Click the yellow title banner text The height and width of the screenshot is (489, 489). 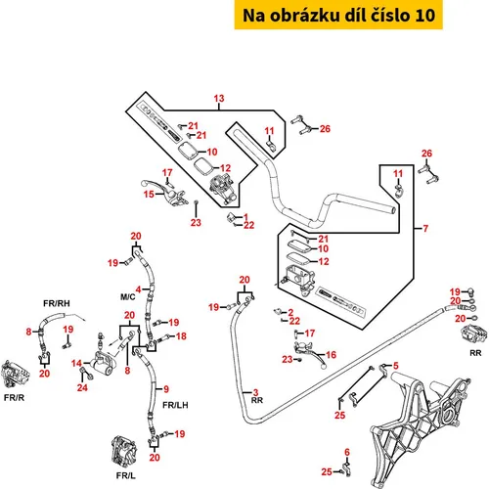coord(338,15)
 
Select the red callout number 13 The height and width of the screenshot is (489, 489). coord(219,98)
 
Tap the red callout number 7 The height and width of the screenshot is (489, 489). coord(425,229)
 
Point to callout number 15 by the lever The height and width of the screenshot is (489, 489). coord(149,194)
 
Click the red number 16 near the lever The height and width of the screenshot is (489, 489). coord(331,355)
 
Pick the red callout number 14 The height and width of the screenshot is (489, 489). coord(76,363)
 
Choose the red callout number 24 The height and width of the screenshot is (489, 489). coord(82,387)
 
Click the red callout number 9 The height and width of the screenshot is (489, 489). coord(166,389)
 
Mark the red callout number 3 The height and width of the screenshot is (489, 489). coord(255,392)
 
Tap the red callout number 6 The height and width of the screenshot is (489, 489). coord(347,452)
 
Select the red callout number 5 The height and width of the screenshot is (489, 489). coord(396,366)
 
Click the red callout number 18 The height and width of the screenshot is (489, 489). coord(181,336)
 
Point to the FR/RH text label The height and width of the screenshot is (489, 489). coord(57,303)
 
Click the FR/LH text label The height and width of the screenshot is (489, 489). coord(175,405)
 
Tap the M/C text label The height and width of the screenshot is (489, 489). coord(128,297)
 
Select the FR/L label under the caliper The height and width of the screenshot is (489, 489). coord(126,475)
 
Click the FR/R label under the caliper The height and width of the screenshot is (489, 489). coord(14,397)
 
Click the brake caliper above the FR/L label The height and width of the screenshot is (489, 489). coord(123,453)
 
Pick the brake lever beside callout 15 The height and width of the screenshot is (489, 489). coord(164,193)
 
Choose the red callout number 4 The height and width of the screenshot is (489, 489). coord(138,289)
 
